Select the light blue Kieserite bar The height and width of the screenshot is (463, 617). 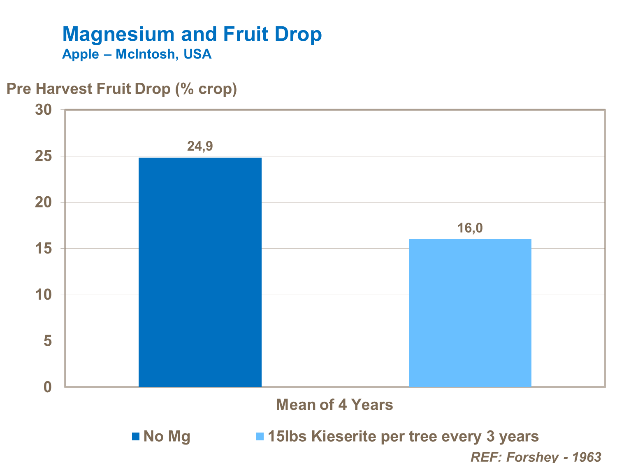(470, 313)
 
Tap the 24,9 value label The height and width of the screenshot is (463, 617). (200, 147)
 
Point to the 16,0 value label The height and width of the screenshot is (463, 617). (470, 228)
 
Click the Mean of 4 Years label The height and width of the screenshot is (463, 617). (334, 405)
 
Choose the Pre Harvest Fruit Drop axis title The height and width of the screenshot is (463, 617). (122, 89)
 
